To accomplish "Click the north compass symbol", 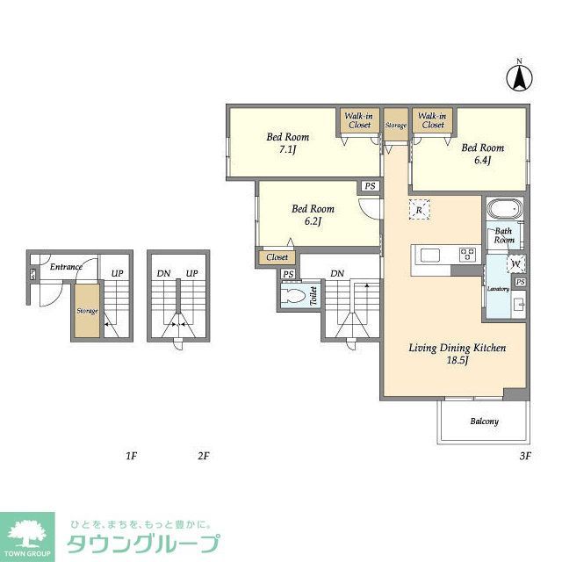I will pos(519,77).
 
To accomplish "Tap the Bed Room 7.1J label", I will pos(288,144).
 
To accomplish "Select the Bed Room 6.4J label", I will pos(482,154).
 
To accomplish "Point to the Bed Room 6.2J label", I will pos(313,215).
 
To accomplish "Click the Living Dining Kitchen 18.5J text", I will pos(457,355).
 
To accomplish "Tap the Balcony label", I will pos(484,421).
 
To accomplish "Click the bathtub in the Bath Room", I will pos(504,211).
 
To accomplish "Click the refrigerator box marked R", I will pos(420,210).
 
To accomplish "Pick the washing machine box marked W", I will pos(515,263).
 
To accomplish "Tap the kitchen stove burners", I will pos(468,255).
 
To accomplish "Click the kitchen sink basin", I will pos(431,255).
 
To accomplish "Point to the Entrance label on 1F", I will pos(66,267).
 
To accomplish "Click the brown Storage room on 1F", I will pos(86,311).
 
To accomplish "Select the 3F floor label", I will pos(525,456).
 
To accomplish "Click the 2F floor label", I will pos(203,456).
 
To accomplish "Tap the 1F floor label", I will pos(131,456).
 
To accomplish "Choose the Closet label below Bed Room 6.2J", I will pos(277,257).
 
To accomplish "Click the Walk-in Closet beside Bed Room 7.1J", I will pos(357,120).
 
